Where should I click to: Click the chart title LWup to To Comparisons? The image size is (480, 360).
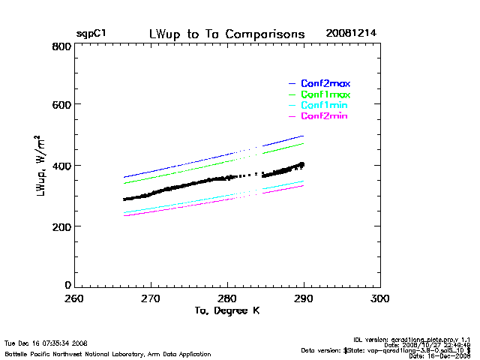tap(226, 34)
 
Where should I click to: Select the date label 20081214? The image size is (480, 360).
tap(352, 34)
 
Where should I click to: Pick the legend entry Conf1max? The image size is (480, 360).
tap(325, 95)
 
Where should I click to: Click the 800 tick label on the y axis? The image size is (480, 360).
tap(61, 46)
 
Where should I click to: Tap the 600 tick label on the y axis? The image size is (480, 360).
tap(61, 106)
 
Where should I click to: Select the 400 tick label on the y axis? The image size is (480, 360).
tap(61, 166)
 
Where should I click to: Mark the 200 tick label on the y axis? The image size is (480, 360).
tap(61, 226)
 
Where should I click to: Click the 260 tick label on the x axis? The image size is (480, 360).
tap(74, 298)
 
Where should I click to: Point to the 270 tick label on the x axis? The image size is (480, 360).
tap(151, 298)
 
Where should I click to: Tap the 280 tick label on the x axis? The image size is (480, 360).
tap(227, 298)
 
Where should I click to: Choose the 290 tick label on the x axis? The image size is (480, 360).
tap(304, 298)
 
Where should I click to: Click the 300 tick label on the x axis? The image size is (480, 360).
tap(380, 298)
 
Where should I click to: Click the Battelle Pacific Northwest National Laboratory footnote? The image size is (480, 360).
tap(108, 353)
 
